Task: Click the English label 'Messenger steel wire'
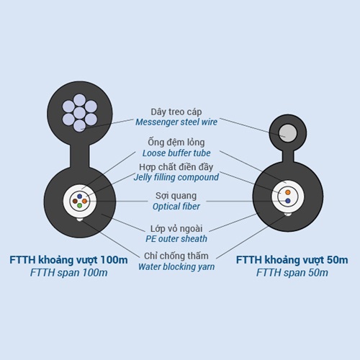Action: coord(176,122)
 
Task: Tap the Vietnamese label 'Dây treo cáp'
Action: coord(176,112)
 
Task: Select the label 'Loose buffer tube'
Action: coord(176,153)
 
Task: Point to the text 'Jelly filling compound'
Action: coord(176,177)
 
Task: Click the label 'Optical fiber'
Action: coord(176,207)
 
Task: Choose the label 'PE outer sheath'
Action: coord(176,239)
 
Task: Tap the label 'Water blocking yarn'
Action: coord(176,266)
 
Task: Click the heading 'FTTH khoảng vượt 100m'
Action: coord(68,260)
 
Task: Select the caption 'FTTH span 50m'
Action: coord(292,273)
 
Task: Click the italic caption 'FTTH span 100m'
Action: coord(68,273)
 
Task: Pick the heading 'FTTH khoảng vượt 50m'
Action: coord(292,260)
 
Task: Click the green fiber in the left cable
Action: coord(80,206)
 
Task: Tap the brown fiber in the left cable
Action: coord(75,201)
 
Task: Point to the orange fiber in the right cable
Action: coord(288,192)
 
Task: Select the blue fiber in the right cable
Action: coord(288,201)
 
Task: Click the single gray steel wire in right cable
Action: coord(287,133)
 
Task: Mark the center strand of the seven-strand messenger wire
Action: coord(80,113)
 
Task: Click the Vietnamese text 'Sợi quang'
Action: coord(176,196)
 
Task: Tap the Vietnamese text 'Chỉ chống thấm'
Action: coord(176,256)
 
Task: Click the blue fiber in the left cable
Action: coord(80,197)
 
